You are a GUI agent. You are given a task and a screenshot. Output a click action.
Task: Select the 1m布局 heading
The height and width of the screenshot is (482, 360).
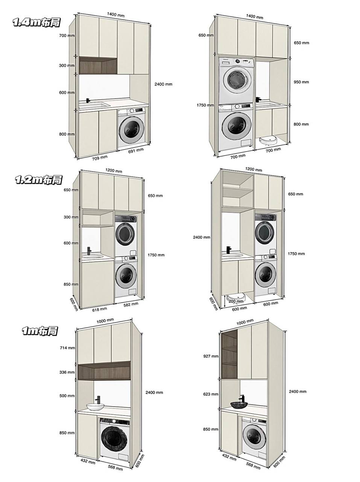point(40,331)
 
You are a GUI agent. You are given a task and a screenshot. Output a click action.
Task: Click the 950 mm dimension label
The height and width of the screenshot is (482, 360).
point(301,82)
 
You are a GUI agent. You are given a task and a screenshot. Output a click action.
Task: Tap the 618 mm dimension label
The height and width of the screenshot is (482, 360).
point(99,309)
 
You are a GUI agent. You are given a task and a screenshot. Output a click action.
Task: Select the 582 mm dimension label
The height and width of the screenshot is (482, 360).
point(131,304)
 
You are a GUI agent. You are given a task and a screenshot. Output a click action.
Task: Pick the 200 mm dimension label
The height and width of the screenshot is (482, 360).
point(236,301)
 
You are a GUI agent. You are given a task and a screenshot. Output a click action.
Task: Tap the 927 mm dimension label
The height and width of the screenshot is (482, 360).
point(210,356)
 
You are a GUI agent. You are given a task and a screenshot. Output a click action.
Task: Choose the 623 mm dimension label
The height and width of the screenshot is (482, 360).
point(210,394)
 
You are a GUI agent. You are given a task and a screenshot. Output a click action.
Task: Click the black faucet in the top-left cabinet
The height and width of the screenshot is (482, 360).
point(88,101)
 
